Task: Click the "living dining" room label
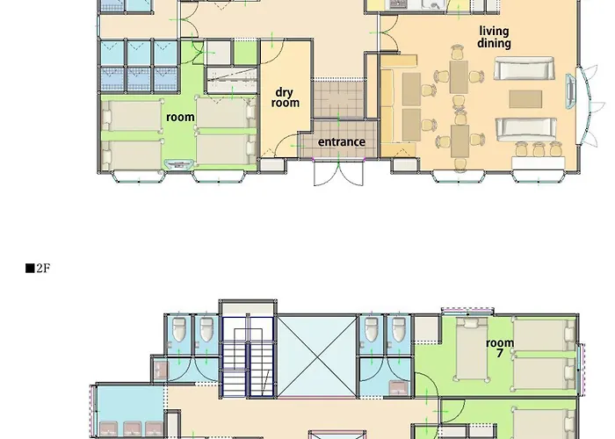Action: tap(494, 37)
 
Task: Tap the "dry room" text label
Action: tap(286, 97)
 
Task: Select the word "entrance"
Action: tap(342, 141)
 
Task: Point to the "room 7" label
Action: tap(500, 348)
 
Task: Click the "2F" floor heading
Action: tap(38, 268)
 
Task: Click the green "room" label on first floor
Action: tap(180, 117)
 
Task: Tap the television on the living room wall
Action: tap(570, 90)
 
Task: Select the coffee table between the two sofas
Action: tap(525, 98)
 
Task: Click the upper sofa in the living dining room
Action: tap(524, 68)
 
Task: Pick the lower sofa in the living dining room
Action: tap(526, 128)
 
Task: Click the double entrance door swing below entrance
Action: tap(338, 172)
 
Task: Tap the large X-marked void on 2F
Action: tap(317, 356)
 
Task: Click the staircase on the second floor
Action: tap(248, 356)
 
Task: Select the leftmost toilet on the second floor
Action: tap(179, 329)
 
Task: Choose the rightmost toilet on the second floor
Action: tap(399, 329)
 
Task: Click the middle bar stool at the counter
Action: tap(539, 149)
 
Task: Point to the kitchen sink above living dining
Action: tap(435, 4)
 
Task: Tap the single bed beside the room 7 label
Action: tap(472, 349)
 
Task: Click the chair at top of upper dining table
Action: tap(458, 53)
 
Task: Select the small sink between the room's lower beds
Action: tap(179, 163)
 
